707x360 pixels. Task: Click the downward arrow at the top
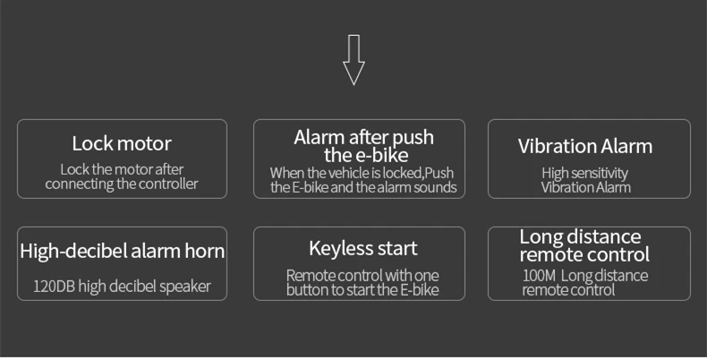[353, 60]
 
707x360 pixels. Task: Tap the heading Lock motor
[122, 143]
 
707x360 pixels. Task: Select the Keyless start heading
[363, 248]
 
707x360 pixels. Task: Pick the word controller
[172, 185]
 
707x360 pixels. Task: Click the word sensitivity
[597, 172]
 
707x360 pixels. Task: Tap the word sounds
[437, 187]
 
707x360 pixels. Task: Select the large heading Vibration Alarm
[585, 146]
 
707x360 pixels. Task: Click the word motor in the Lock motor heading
[143, 143]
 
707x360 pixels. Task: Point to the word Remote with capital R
[310, 276]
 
